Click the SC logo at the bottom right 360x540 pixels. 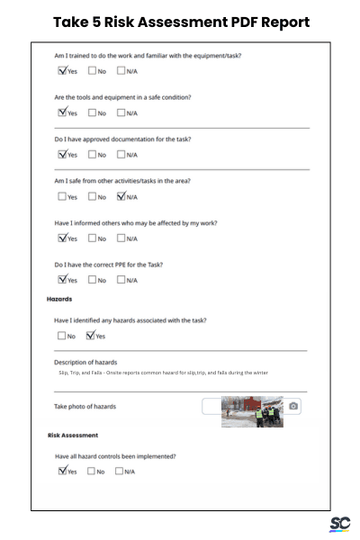339,524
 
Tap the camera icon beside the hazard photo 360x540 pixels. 293,407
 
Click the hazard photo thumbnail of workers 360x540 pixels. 252,411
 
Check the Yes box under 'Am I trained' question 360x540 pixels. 62,70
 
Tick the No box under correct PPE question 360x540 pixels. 92,280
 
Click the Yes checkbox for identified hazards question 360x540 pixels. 91,336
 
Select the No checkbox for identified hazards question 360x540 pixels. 62,336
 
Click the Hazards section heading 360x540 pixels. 59,299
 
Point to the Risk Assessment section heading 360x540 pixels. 73,436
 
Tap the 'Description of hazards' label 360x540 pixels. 85,362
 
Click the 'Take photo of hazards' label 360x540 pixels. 85,407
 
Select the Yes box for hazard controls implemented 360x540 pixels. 62,471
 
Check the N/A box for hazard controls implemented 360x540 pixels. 121,471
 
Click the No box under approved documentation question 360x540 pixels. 92,155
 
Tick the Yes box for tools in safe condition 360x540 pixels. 62,112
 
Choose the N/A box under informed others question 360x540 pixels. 121,238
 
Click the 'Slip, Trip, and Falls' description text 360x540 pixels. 163,373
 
